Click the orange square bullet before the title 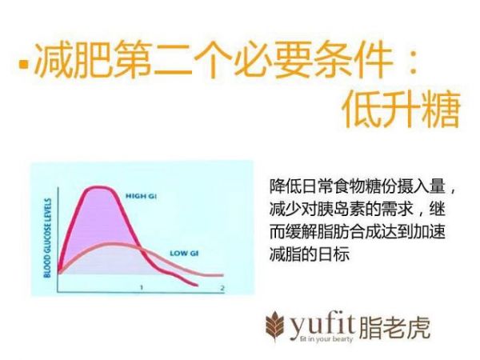(24, 64)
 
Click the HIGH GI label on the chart (141, 196)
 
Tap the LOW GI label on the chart (184, 253)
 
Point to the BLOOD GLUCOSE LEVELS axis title (47, 238)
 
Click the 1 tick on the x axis (142, 287)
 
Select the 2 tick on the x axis (222, 288)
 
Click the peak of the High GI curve (98, 187)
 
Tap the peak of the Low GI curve (112, 244)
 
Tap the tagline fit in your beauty (326, 339)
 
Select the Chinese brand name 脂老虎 (394, 327)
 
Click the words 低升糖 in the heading (402, 109)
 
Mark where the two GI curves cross (141, 249)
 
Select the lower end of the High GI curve (197, 286)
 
